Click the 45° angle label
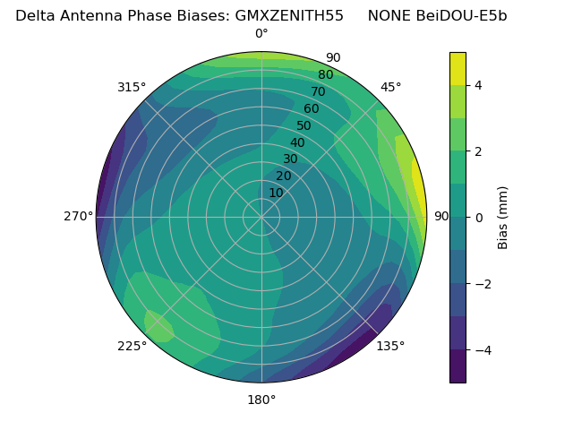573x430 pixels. click(x=390, y=87)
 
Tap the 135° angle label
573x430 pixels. click(x=390, y=346)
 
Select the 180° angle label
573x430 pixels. click(x=261, y=400)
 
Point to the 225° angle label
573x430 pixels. click(x=132, y=346)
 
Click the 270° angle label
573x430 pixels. click(x=78, y=216)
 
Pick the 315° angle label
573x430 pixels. click(x=132, y=87)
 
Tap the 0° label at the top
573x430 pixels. click(x=261, y=34)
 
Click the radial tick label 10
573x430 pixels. click(x=276, y=193)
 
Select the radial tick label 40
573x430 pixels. click(x=297, y=142)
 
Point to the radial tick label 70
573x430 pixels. click(x=318, y=91)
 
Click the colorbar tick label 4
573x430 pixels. click(x=479, y=85)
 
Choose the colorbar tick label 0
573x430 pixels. click(x=479, y=217)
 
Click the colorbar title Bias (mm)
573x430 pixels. click(x=503, y=217)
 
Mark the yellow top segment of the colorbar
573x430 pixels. click(x=458, y=68)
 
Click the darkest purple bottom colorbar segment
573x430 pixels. click(x=458, y=365)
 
